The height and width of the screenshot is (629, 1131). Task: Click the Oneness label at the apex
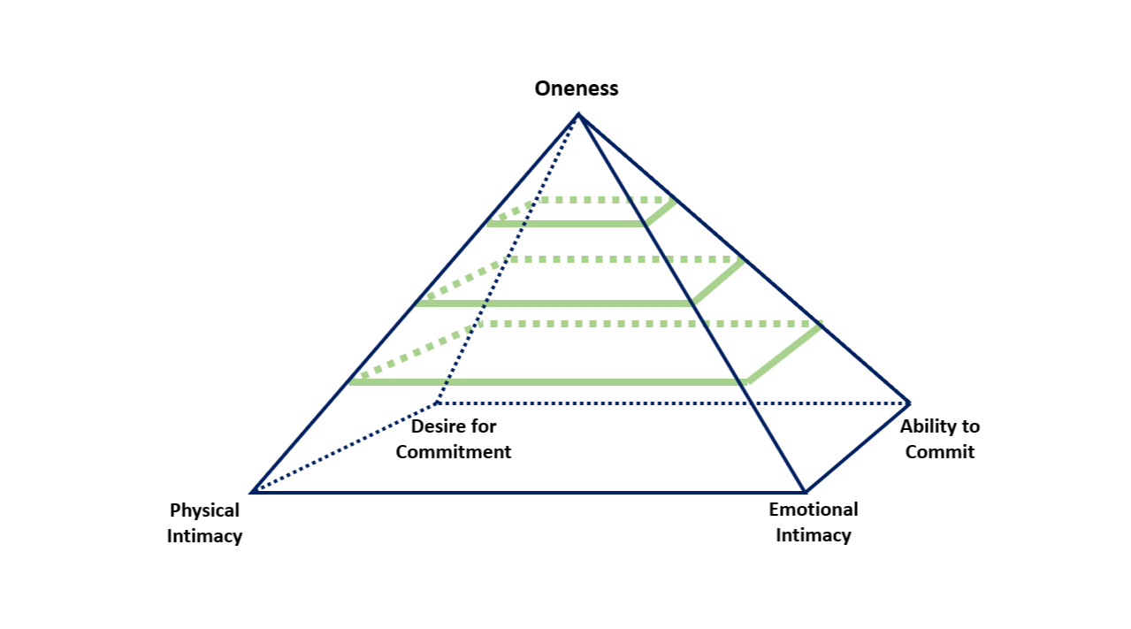tap(577, 88)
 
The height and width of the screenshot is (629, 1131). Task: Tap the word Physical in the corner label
tap(204, 510)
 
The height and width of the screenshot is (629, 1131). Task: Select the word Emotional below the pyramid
tap(813, 510)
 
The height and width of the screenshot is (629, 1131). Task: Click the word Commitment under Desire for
tap(453, 452)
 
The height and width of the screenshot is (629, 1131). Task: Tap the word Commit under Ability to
tap(940, 452)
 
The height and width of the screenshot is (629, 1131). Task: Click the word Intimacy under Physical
tap(204, 536)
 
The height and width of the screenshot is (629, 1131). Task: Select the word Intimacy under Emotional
tap(813, 535)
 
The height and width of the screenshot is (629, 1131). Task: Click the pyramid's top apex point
tap(578, 114)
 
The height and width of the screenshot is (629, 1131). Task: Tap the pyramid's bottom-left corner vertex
tap(252, 491)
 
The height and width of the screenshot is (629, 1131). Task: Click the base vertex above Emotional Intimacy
tap(805, 491)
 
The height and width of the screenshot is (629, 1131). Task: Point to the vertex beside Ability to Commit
tap(909, 403)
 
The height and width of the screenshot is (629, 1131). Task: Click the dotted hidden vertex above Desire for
tap(436, 403)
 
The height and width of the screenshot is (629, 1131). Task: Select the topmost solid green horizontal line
tap(566, 224)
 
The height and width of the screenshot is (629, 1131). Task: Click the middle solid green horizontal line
tap(555, 303)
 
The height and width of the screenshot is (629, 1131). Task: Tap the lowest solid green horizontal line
tap(548, 382)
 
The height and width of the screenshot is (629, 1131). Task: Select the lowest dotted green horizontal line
tap(646, 325)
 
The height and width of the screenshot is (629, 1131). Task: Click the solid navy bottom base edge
tap(531, 491)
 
